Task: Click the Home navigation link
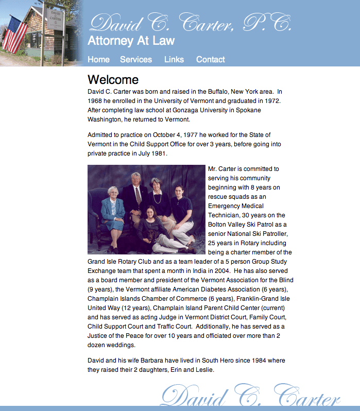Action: click(98, 59)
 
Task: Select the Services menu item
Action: click(136, 59)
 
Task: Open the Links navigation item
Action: click(174, 59)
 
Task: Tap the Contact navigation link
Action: click(210, 59)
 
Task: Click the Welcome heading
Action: click(113, 79)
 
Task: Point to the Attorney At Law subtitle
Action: click(131, 41)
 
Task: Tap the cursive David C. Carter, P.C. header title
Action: click(190, 23)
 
